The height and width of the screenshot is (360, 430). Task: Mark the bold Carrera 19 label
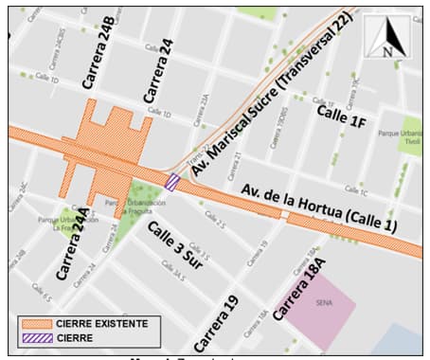click(217, 321)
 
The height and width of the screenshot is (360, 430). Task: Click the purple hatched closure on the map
click(172, 182)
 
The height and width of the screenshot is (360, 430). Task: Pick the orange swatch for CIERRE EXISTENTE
click(39, 323)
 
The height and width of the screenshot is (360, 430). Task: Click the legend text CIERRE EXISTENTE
click(102, 323)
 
